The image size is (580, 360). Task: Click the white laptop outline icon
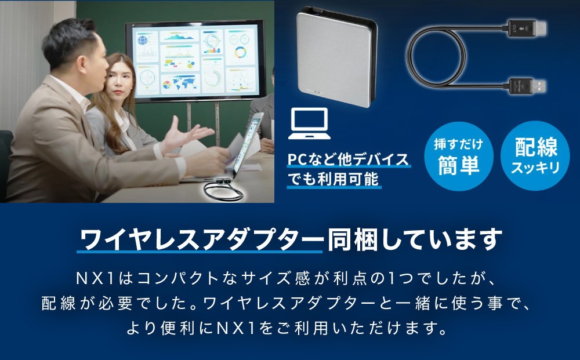tap(309, 123)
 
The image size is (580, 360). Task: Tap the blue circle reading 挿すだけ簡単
tap(459, 157)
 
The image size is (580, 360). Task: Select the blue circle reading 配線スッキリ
tap(535, 157)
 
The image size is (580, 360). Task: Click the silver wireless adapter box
tap(336, 57)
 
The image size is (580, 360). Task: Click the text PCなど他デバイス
tap(348, 159)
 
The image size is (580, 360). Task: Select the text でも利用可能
tap(333, 179)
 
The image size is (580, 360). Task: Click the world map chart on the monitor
tap(180, 83)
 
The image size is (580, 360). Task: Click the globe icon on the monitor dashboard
tap(143, 38)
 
